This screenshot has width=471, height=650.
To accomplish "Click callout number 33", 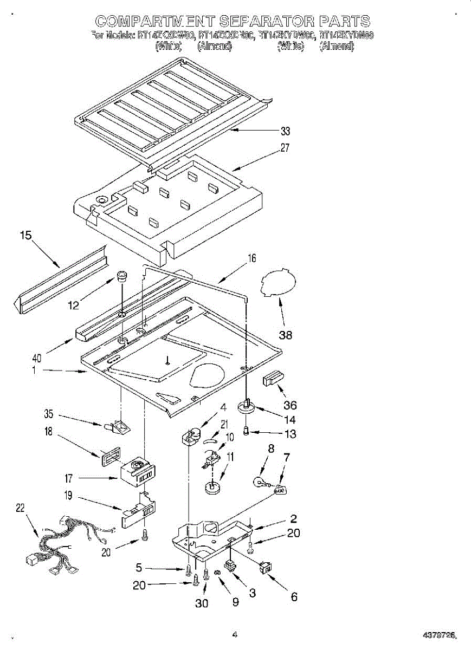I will pos(285,131).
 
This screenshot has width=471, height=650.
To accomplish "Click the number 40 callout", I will pos(37,357).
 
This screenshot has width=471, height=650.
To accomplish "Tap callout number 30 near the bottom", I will pos(202,603).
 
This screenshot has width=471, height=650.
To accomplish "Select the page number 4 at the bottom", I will pos(235,634).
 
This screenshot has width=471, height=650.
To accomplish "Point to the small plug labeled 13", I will pos(246,432).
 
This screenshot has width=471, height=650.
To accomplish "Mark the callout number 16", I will pos(251,258).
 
